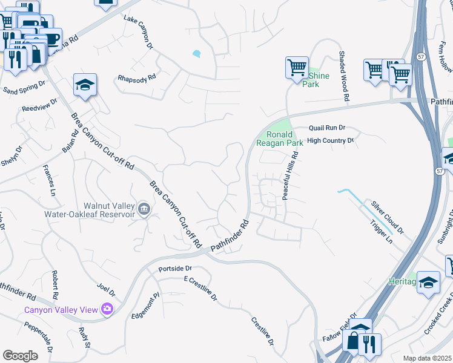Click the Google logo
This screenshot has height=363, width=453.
click(x=21, y=356)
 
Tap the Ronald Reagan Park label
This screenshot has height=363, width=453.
click(x=279, y=139)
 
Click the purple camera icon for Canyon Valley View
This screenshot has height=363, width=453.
click(x=107, y=309)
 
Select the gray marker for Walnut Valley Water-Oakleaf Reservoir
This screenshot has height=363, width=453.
click(x=144, y=209)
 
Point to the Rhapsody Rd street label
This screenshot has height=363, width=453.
click(x=137, y=77)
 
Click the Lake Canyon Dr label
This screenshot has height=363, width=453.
click(x=138, y=31)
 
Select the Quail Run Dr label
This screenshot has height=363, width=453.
click(x=326, y=128)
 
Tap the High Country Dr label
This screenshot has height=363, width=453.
click(x=330, y=140)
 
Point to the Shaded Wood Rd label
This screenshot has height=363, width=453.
click(x=344, y=76)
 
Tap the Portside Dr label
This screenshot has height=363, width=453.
click(x=174, y=268)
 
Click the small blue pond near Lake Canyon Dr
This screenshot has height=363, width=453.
click(x=196, y=54)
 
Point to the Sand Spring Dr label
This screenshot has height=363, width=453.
click(x=24, y=90)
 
